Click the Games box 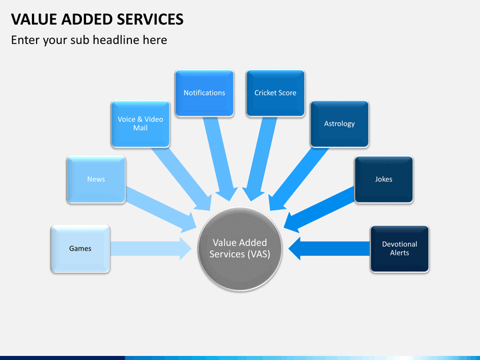pyautogui.click(x=80, y=249)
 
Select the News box pyautogui.click(x=96, y=179)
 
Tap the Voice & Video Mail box pyautogui.click(x=140, y=124)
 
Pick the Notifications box pyautogui.click(x=205, y=93)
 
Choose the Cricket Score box pyautogui.click(x=275, y=93)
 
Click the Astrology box pyautogui.click(x=339, y=124)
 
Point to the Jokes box pyautogui.click(x=384, y=179)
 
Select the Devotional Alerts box pyautogui.click(x=400, y=249)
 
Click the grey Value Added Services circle pyautogui.click(x=240, y=249)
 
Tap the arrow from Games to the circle pyautogui.click(x=151, y=249)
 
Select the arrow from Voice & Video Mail pyautogui.click(x=181, y=179)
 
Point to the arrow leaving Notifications pyautogui.click(x=221, y=159)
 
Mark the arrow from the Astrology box pyautogui.click(x=299, y=179)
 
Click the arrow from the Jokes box pyautogui.click(x=319, y=210)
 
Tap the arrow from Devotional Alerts pyautogui.click(x=329, y=249)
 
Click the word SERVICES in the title pyautogui.click(x=150, y=19)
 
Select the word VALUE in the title pyautogui.click(x=34, y=19)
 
